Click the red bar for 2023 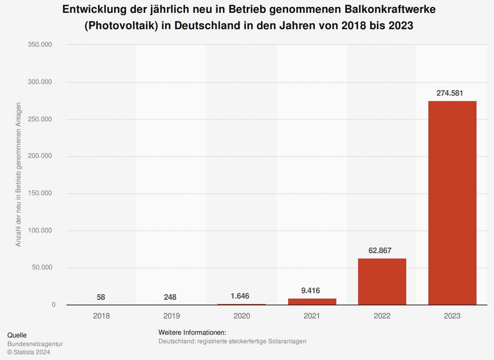[452, 203]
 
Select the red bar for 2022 [382, 282]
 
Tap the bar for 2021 [312, 302]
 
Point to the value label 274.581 [452, 93]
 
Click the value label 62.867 [382, 250]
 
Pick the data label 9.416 [312, 291]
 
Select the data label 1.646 [242, 296]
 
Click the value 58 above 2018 [101, 297]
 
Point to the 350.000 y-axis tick [40, 45]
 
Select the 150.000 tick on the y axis [40, 193]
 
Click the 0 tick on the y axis [54, 305]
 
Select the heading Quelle [17, 335]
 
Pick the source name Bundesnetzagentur [35, 344]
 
